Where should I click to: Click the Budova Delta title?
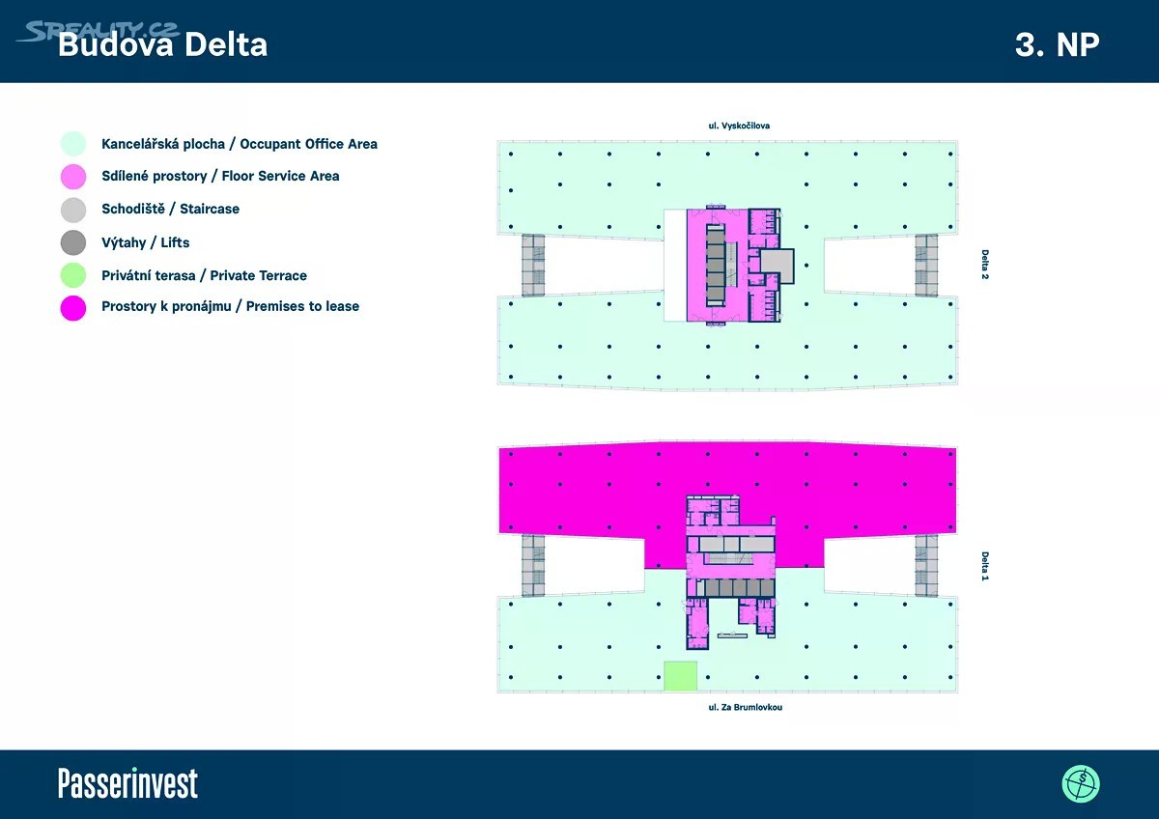tap(162, 44)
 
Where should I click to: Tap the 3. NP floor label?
tap(1057, 45)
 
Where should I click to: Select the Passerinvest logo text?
tap(127, 783)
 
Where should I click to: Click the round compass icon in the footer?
tap(1081, 784)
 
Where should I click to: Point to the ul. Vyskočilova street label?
tap(739, 126)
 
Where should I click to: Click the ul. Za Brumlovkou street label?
tap(745, 707)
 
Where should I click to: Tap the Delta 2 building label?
tap(984, 265)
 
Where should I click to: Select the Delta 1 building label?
tap(984, 566)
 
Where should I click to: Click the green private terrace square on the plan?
tap(680, 676)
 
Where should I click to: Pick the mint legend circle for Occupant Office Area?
tap(73, 144)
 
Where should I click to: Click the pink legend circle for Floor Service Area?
tap(73, 177)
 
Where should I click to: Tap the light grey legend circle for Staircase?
tap(73, 210)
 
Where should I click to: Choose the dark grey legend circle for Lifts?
tap(73, 242)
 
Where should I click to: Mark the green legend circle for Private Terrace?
tap(73, 275)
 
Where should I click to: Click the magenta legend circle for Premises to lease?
tap(73, 308)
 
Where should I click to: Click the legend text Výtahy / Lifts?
tap(146, 242)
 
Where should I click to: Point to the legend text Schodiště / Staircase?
tap(170, 209)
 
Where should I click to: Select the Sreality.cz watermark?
tap(99, 32)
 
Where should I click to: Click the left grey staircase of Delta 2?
tap(533, 266)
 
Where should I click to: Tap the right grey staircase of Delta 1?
tap(926, 566)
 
